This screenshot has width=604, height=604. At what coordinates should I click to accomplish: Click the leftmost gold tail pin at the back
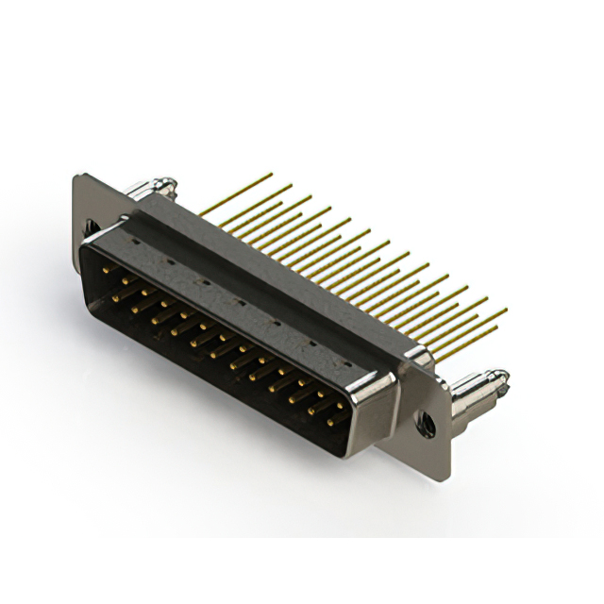[236, 190]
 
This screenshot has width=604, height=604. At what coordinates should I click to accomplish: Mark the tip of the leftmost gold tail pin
[272, 174]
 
